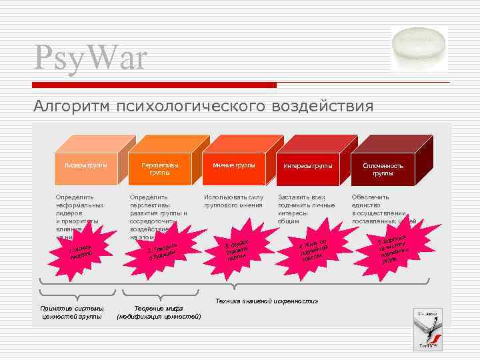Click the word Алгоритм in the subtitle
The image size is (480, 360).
click(x=71, y=107)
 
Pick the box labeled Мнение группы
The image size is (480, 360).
click(x=233, y=165)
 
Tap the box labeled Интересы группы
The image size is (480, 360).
click(x=307, y=166)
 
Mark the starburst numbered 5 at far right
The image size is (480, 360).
click(x=393, y=247)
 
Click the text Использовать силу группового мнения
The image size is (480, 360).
click(x=233, y=201)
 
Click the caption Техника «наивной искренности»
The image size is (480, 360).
click(x=267, y=301)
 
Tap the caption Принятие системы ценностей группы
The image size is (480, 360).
click(x=72, y=312)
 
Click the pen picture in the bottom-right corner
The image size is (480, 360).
click(x=427, y=330)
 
